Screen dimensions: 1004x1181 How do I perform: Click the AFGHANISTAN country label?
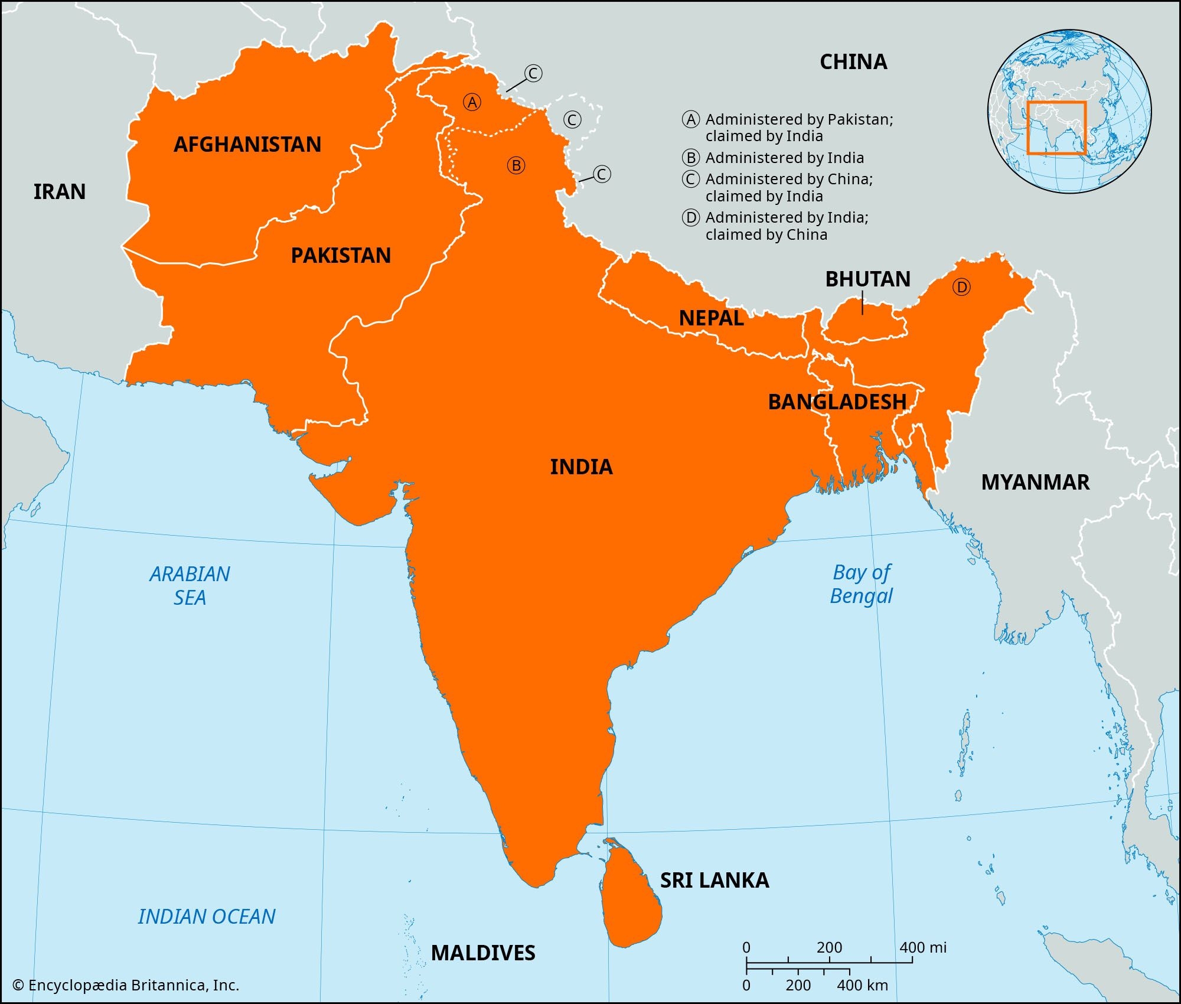pos(247,145)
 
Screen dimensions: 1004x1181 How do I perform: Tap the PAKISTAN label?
pos(341,256)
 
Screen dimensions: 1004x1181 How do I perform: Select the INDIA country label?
pos(581,467)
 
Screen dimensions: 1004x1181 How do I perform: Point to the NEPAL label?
pos(711,318)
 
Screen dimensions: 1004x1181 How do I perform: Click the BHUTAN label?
pos(867,279)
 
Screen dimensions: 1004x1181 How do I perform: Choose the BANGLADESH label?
pos(837,402)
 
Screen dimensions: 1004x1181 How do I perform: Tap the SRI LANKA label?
pos(715,881)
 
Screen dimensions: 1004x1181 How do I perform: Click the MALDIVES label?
pos(483,953)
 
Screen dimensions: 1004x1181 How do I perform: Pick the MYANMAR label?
pos(1035,483)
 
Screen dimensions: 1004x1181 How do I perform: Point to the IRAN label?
pos(60,192)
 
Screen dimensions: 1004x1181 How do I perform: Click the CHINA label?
pos(853,62)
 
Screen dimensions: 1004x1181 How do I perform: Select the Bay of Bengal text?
pos(862,584)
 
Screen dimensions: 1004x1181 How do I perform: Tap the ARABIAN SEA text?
pos(190,585)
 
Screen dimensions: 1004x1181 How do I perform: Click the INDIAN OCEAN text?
pos(207,917)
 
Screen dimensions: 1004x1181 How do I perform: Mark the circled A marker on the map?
pos(472,103)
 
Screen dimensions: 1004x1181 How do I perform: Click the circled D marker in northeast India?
pos(961,288)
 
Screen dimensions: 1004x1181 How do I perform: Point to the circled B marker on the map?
pos(516,165)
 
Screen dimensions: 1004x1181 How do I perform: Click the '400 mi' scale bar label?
pos(923,947)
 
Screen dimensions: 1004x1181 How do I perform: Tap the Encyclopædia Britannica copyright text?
pos(126,985)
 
